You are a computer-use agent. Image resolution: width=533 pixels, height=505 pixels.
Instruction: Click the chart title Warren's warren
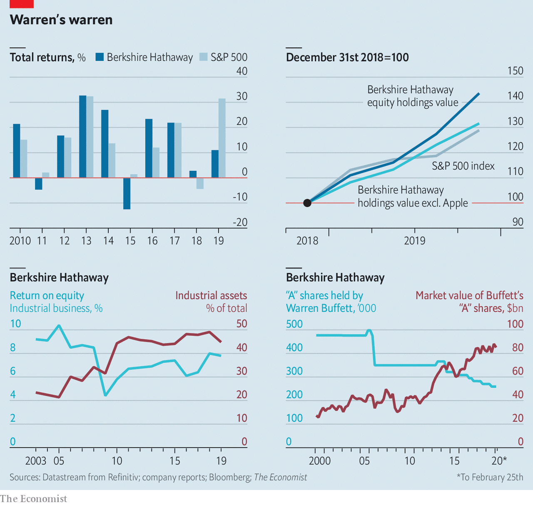pyautogui.click(x=61, y=20)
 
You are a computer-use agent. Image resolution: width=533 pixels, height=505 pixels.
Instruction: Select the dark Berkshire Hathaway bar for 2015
pyautogui.click(x=127, y=193)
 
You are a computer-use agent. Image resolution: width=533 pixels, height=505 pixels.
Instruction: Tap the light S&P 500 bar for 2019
pyautogui.click(x=222, y=138)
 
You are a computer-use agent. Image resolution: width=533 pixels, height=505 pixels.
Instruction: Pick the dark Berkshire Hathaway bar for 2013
pyautogui.click(x=83, y=137)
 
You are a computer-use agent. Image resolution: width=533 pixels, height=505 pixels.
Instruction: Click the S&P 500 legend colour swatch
pyautogui.click(x=204, y=57)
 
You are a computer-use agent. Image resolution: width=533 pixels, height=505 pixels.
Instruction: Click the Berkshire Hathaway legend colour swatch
pyautogui.click(x=100, y=57)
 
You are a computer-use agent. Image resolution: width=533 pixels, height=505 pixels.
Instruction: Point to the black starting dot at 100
pyautogui.click(x=307, y=203)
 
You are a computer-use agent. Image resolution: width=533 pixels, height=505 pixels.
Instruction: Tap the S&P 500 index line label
pyautogui.click(x=463, y=166)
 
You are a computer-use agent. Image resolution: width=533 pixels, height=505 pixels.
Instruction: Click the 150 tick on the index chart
pyautogui.click(x=515, y=71)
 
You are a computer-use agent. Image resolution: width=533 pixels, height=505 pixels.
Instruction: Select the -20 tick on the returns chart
pyautogui.click(x=240, y=222)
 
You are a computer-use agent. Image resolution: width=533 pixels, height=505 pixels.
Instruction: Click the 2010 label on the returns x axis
pyautogui.click(x=20, y=241)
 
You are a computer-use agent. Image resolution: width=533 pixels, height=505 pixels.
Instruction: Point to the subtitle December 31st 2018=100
pyautogui.click(x=347, y=57)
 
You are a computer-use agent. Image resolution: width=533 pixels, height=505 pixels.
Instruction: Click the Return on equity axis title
pyautogui.click(x=47, y=296)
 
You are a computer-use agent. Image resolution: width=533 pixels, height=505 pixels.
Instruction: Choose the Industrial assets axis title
pyautogui.click(x=211, y=296)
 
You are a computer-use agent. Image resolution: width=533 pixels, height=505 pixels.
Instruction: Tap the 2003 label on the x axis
pyautogui.click(x=36, y=461)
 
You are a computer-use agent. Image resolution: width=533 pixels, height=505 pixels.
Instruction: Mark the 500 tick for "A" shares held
pyautogui.click(x=294, y=324)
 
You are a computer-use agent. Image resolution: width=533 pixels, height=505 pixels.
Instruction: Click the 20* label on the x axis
pyautogui.click(x=499, y=461)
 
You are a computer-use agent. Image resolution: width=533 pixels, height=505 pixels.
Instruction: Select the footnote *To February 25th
pyautogui.click(x=490, y=477)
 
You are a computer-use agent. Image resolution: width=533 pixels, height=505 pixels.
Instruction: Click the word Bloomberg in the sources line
pyautogui.click(x=229, y=477)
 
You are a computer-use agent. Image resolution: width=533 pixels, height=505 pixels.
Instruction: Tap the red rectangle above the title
pyautogui.click(x=22, y=4)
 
